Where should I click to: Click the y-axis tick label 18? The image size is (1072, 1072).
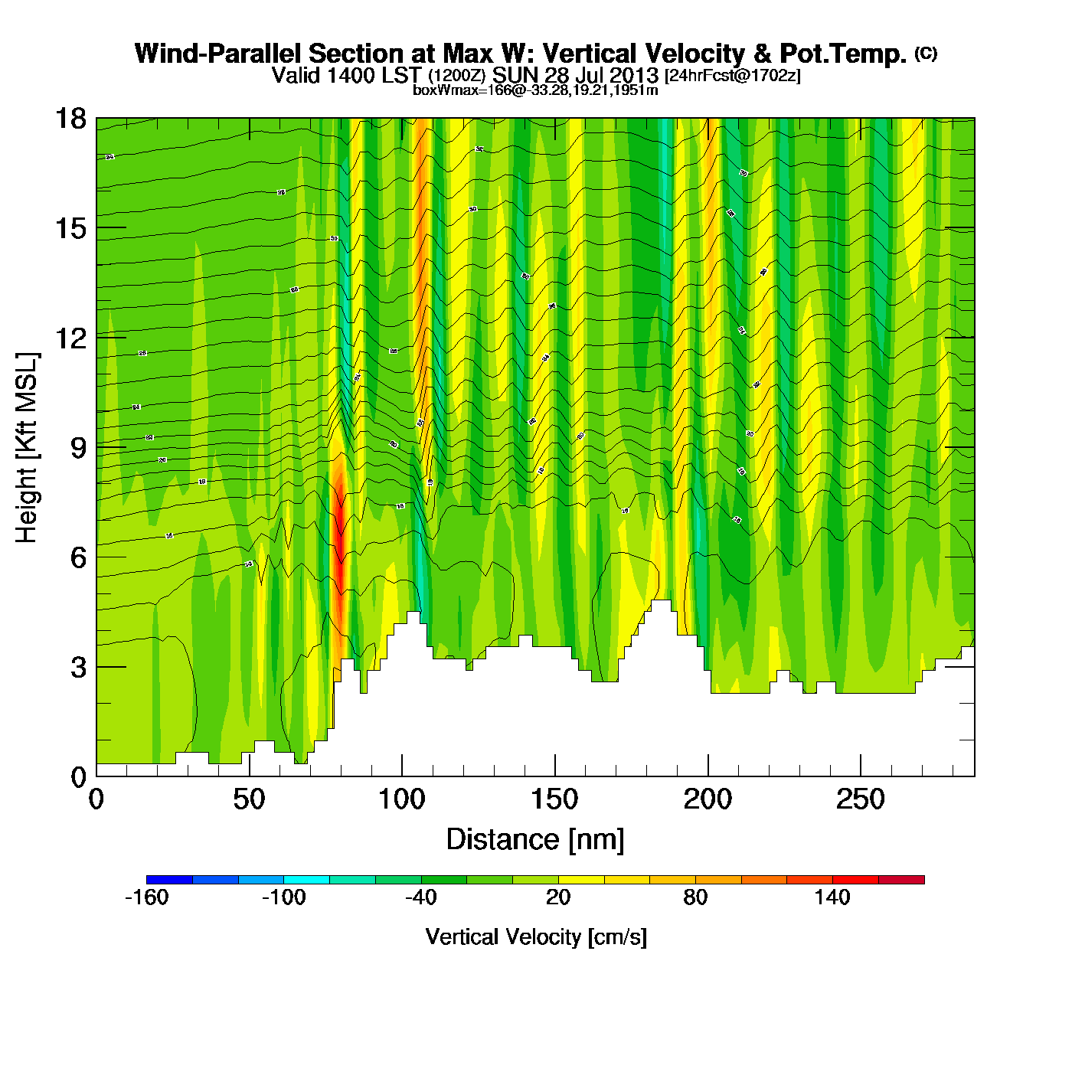click(70, 119)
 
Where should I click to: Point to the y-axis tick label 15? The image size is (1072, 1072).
click(70, 228)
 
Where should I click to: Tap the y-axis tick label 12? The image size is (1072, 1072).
click(70, 338)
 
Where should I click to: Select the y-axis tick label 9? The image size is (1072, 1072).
click(78, 448)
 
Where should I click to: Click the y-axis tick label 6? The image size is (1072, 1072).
click(78, 557)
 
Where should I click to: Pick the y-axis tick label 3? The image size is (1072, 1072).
click(78, 668)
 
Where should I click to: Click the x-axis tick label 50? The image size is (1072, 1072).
click(249, 800)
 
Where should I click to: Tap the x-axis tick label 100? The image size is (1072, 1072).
click(402, 800)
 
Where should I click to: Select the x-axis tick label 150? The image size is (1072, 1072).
click(554, 800)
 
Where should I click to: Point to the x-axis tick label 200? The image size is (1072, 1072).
click(708, 800)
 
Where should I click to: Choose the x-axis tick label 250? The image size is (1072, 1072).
click(860, 800)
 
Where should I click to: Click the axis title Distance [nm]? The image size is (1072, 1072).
click(535, 840)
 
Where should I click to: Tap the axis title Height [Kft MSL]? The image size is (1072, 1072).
click(27, 448)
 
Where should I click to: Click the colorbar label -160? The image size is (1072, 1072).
click(146, 897)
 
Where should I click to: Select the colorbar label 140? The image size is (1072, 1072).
click(832, 897)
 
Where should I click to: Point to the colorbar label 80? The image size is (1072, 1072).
click(695, 897)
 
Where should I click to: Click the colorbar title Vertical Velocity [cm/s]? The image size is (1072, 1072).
click(536, 937)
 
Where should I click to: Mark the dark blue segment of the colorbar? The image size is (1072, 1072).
click(169, 880)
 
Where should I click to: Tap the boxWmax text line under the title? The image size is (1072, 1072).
click(535, 90)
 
